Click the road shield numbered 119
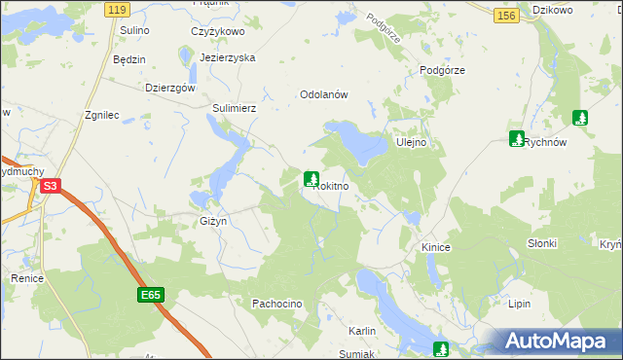click(118, 10)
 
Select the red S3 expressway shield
click(52, 185)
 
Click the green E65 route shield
click(149, 296)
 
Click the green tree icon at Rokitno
click(311, 179)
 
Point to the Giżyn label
click(213, 221)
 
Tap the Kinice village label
click(435, 248)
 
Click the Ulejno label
click(413, 143)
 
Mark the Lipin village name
click(519, 305)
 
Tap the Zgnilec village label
click(102, 115)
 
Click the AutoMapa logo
click(559, 341)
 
